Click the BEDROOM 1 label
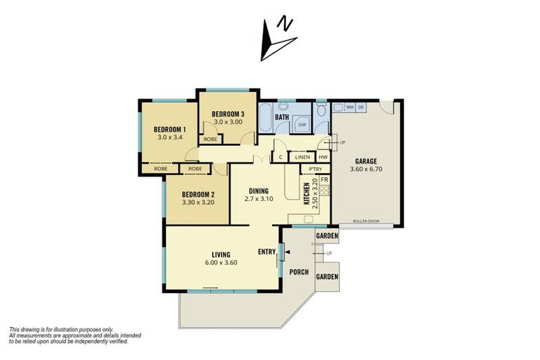click(169, 129)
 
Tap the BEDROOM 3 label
click(228, 114)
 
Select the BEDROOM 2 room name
click(198, 195)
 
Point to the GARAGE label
click(366, 160)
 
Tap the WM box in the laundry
click(349, 108)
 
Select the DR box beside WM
click(361, 108)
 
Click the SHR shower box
click(302, 124)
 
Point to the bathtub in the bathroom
click(267, 118)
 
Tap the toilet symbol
click(321, 112)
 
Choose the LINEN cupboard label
click(302, 157)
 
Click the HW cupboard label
click(323, 157)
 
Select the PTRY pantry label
click(315, 169)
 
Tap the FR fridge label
click(324, 180)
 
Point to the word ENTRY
click(267, 251)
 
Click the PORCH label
click(300, 271)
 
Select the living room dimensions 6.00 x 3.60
click(221, 263)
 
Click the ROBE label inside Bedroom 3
click(210, 139)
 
